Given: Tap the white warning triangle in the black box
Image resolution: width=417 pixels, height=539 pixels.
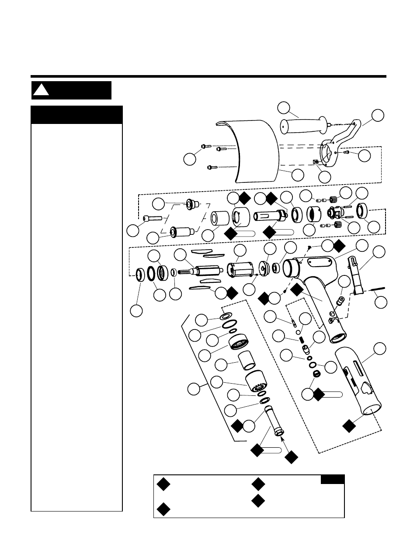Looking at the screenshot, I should click(41, 90).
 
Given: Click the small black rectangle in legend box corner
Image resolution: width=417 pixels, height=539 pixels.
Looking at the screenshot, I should click(332, 480).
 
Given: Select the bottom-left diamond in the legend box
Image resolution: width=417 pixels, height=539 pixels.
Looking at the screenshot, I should click(163, 508).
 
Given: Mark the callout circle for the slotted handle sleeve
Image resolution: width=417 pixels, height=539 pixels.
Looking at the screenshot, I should click(380, 349).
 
